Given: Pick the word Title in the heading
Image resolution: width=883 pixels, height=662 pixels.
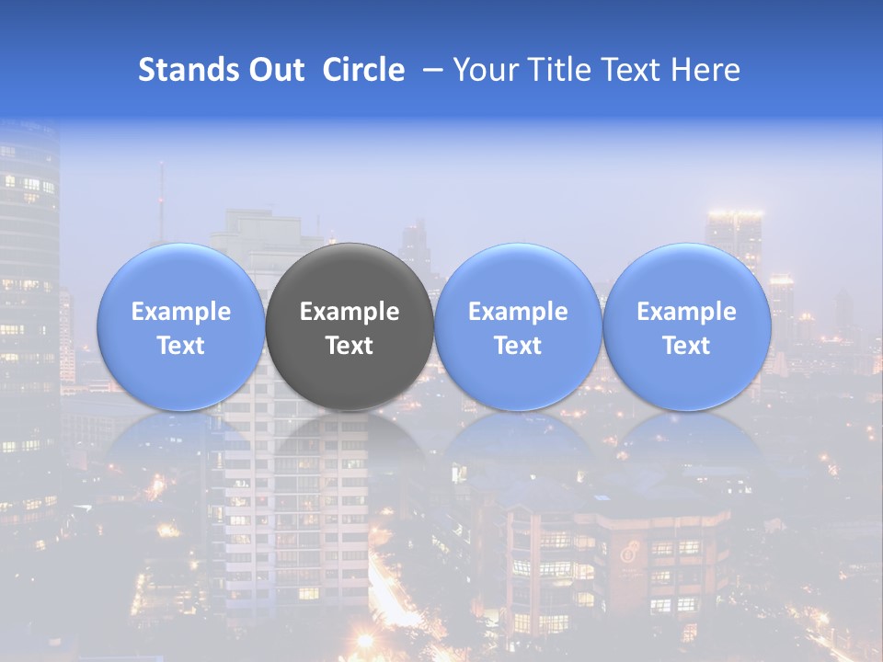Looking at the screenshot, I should [559, 70].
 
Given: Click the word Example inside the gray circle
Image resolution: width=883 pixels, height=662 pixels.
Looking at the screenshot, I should [350, 312].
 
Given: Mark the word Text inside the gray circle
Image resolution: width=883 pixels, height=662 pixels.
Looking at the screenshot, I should [350, 346].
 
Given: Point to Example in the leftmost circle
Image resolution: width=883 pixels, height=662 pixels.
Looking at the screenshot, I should [181, 312].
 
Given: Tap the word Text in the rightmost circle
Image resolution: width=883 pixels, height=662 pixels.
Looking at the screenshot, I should [687, 346].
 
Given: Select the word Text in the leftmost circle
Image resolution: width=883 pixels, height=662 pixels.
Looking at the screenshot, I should [181, 346].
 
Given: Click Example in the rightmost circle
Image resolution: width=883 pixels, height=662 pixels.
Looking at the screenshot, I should [687, 312].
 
